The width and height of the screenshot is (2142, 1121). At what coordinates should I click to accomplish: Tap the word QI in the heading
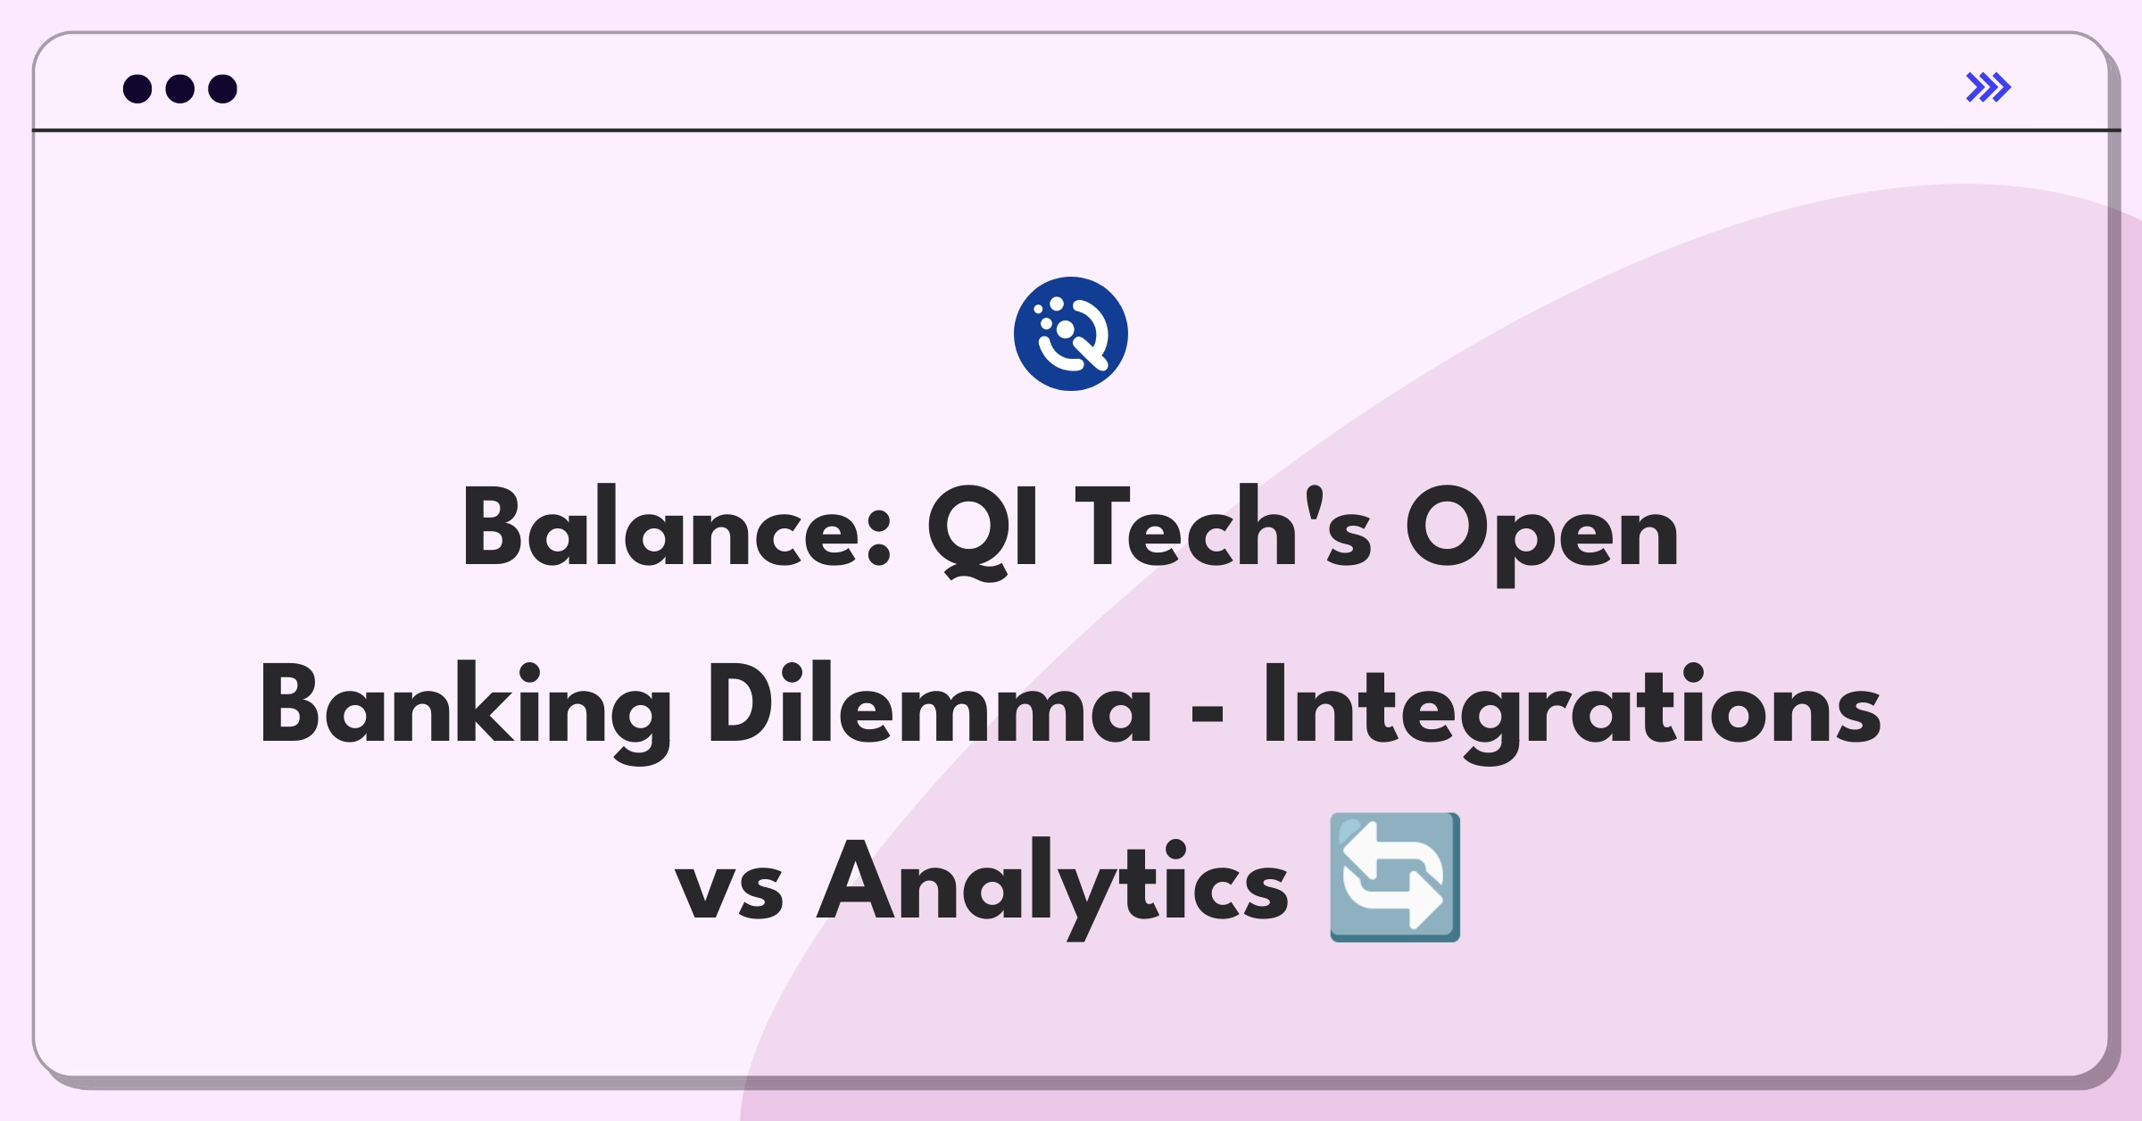click(x=982, y=532)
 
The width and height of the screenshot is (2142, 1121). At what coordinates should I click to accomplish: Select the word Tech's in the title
click(x=1223, y=527)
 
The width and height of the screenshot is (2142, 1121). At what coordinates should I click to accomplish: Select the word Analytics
click(x=1052, y=887)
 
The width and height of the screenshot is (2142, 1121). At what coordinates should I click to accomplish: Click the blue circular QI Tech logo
click(x=1071, y=334)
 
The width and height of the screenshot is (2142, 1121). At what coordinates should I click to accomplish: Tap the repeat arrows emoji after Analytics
click(x=1395, y=877)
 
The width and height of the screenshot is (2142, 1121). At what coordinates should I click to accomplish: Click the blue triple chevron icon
click(x=1988, y=87)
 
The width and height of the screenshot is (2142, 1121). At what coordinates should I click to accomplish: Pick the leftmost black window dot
click(x=137, y=89)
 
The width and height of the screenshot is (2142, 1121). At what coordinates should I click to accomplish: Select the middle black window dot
click(x=180, y=89)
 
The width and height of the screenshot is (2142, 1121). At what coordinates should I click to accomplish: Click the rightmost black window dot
click(x=223, y=89)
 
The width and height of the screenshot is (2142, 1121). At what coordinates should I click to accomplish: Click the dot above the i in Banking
click(x=529, y=671)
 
